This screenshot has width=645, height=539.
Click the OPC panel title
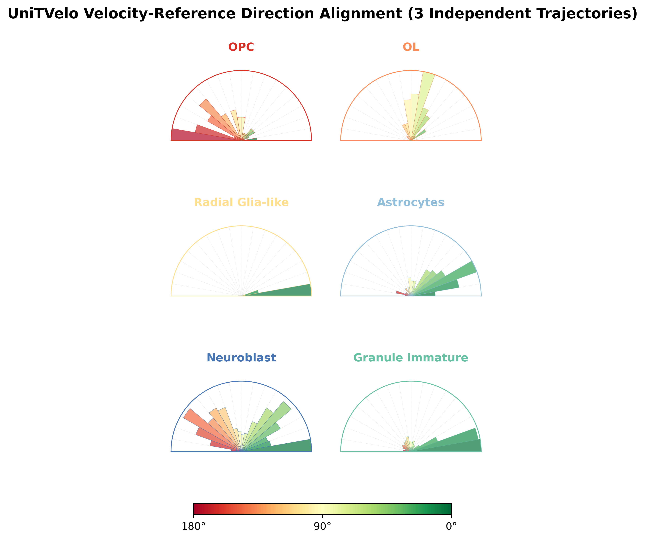(x=241, y=47)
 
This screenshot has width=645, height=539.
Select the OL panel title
(x=411, y=47)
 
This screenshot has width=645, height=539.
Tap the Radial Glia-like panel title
(x=241, y=202)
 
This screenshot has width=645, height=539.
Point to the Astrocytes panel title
(x=411, y=202)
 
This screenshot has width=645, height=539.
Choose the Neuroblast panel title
(x=241, y=358)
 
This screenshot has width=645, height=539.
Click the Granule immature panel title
(x=411, y=358)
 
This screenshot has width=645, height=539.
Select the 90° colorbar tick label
(x=322, y=526)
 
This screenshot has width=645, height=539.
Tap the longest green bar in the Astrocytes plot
(x=452, y=275)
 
